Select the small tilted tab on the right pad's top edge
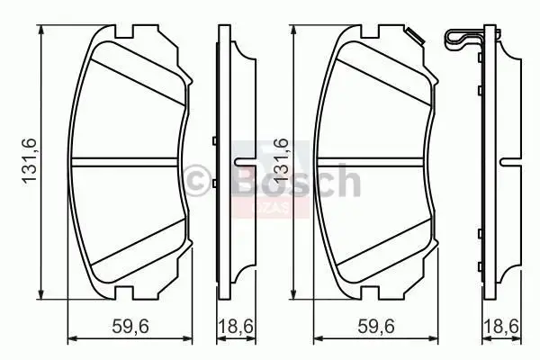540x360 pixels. tap(416, 37)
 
